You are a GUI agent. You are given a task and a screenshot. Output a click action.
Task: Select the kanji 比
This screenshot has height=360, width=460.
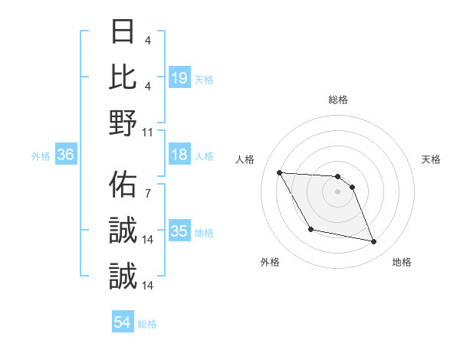pyautogui.click(x=123, y=77)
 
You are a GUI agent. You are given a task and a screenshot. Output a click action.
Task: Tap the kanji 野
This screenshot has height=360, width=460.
pyautogui.click(x=123, y=122)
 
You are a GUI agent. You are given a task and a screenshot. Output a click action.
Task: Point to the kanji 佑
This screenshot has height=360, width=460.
pyautogui.click(x=123, y=185)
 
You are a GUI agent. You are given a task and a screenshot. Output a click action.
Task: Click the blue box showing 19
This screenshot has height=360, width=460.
pyautogui.click(x=179, y=77)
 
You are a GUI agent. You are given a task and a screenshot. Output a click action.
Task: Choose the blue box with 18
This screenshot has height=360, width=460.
pyautogui.click(x=179, y=155)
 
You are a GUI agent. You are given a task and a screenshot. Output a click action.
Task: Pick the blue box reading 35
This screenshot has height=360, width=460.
pyautogui.click(x=179, y=231)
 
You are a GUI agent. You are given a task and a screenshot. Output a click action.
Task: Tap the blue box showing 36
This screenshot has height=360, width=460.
pyautogui.click(x=66, y=155)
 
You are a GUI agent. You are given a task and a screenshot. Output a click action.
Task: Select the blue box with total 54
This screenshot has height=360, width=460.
pyautogui.click(x=123, y=323)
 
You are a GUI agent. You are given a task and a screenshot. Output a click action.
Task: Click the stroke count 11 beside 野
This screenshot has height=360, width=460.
pyautogui.click(x=148, y=132)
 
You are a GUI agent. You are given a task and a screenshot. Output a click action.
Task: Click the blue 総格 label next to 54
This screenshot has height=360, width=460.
pyautogui.click(x=147, y=324)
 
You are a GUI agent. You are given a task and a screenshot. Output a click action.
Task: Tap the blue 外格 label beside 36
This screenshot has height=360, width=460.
pyautogui.click(x=41, y=155)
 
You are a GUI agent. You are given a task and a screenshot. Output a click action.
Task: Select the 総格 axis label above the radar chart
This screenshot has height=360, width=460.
pyautogui.click(x=338, y=100)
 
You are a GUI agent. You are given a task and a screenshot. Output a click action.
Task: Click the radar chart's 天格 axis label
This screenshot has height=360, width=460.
pyautogui.click(x=432, y=159)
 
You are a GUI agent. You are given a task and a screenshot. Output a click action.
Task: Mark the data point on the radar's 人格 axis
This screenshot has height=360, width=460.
pyautogui.click(x=279, y=172)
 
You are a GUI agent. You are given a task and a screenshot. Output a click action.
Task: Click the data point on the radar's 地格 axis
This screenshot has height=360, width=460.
pyautogui.click(x=374, y=242)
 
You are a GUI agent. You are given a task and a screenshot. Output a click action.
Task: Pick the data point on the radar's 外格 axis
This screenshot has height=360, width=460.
pyautogui.click(x=310, y=230)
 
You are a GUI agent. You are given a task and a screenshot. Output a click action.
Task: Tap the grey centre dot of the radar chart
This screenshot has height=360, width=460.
pyautogui.click(x=338, y=191)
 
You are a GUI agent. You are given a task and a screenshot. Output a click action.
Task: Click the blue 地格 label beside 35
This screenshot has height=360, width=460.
pyautogui.click(x=204, y=232)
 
